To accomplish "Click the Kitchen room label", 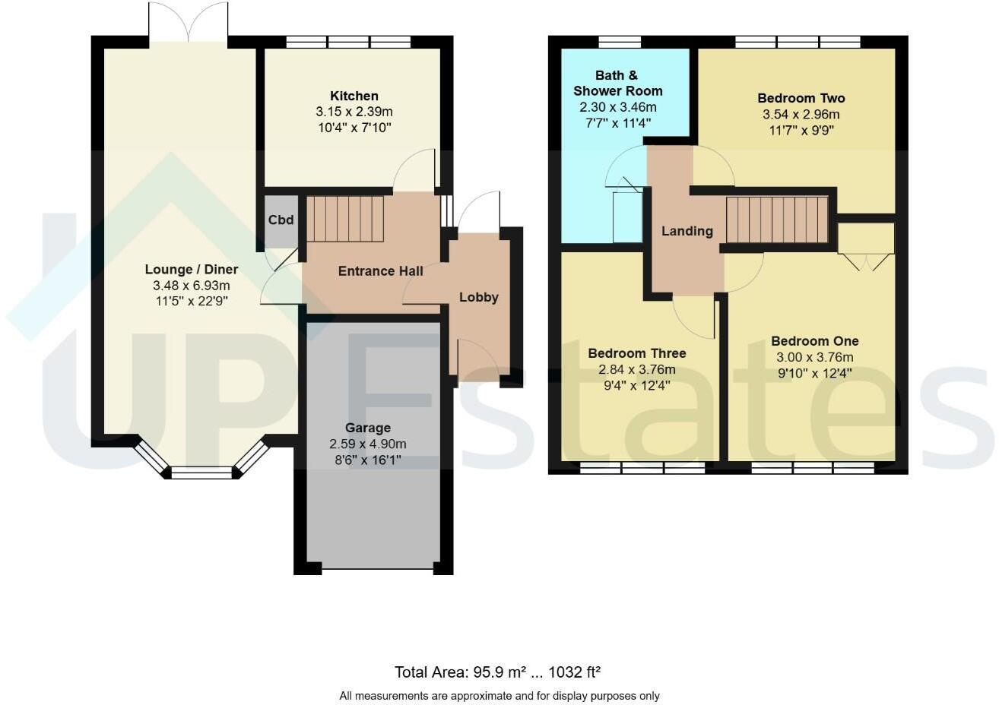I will (354, 96).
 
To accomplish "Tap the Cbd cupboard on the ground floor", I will (281, 220).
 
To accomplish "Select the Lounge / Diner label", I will (191, 270).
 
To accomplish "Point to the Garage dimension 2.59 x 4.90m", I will (367, 444).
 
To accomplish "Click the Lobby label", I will (478, 297).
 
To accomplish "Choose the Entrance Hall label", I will (380, 271).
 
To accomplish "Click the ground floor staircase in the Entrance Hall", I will (344, 219).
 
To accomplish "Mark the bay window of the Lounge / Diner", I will (201, 472).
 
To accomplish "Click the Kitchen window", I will (348, 42).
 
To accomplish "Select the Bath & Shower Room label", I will (617, 83).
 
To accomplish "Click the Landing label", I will (687, 231).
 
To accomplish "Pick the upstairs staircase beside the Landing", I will (776, 220).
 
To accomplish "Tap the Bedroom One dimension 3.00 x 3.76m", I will (814, 357).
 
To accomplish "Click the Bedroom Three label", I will (636, 353).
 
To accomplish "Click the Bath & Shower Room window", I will (619, 42).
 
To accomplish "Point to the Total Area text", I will (497, 672).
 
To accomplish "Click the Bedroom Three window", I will (642, 469).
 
